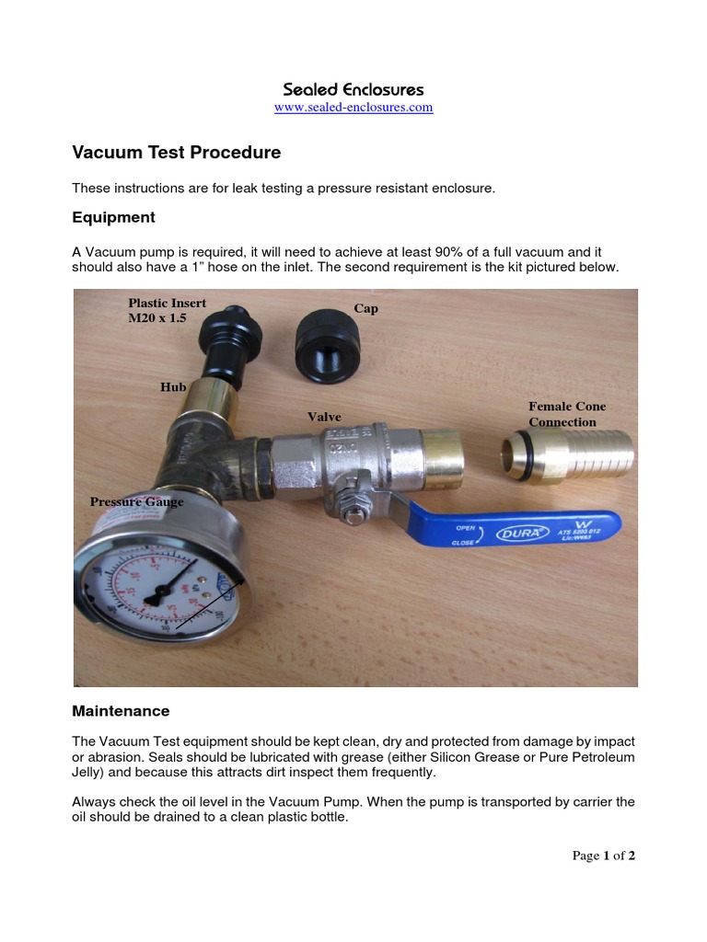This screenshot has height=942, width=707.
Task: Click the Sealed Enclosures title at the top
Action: click(x=353, y=89)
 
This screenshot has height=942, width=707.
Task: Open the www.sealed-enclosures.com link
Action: click(x=353, y=108)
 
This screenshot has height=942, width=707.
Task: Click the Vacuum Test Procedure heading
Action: click(x=177, y=153)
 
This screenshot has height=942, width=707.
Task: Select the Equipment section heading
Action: click(x=113, y=217)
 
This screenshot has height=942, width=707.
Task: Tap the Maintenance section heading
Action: click(x=121, y=711)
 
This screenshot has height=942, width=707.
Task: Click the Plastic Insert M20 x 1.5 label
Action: click(x=167, y=310)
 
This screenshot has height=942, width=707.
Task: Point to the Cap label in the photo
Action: click(x=366, y=308)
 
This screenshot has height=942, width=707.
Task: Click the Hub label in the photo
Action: click(x=173, y=387)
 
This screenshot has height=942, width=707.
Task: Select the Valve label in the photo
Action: click(x=324, y=417)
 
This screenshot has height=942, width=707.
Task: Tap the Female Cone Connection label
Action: click(x=566, y=414)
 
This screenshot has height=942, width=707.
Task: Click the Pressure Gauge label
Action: click(x=136, y=501)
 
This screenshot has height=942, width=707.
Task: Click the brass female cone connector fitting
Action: click(x=569, y=457)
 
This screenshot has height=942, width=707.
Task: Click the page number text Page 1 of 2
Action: click(x=603, y=856)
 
